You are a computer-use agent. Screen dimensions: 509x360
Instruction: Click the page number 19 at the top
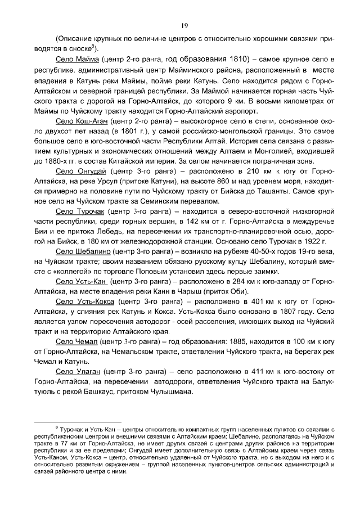click(x=184, y=25)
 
